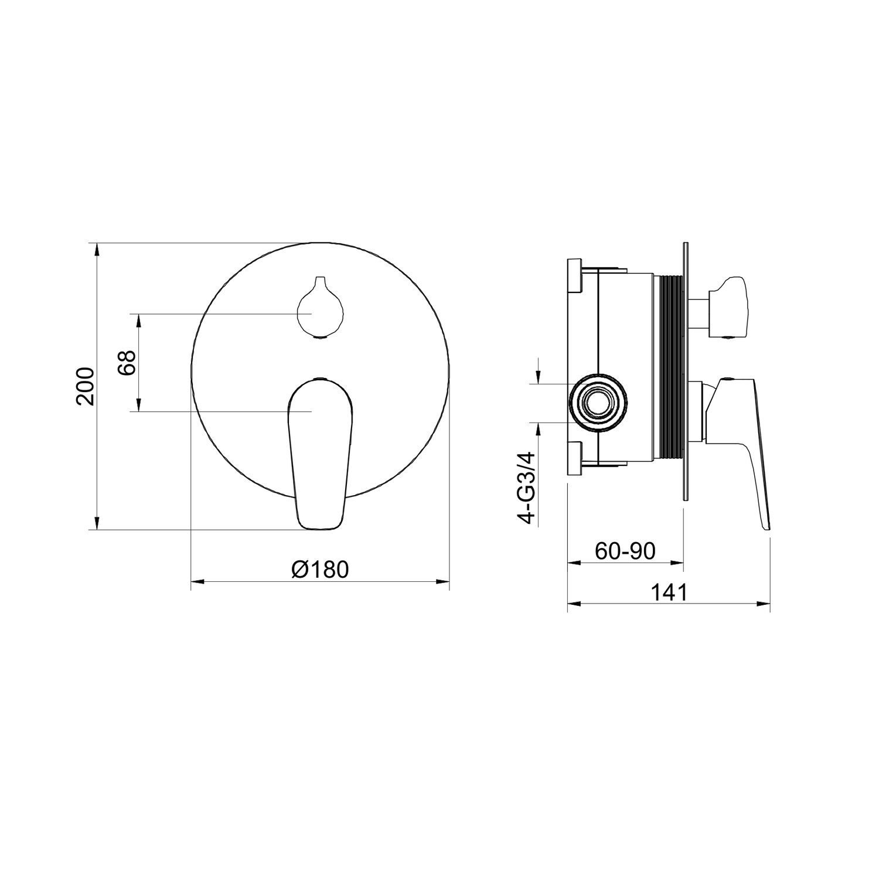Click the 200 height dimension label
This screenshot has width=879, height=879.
pyautogui.click(x=86, y=386)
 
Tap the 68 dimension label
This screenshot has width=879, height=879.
pyautogui.click(x=127, y=363)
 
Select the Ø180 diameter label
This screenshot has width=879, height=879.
pyautogui.click(x=321, y=569)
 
